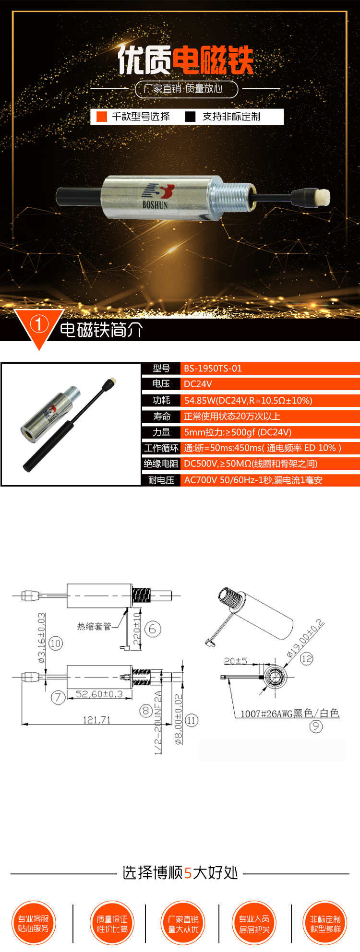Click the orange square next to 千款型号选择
[x=101, y=117]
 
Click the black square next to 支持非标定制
[x=190, y=117]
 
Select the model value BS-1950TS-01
[x=213, y=369]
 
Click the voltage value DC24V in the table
[x=198, y=384]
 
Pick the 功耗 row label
[x=161, y=400]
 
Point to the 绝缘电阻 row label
[x=161, y=464]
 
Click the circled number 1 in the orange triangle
[x=39, y=324]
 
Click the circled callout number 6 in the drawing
[x=153, y=629]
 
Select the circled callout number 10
[x=56, y=643]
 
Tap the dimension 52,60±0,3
[x=99, y=694]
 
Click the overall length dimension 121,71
[x=96, y=720]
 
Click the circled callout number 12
[x=306, y=658]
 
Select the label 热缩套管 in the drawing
[x=94, y=626]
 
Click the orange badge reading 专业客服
[x=34, y=923]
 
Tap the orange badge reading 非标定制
[x=325, y=923]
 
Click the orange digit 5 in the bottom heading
[x=188, y=873]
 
